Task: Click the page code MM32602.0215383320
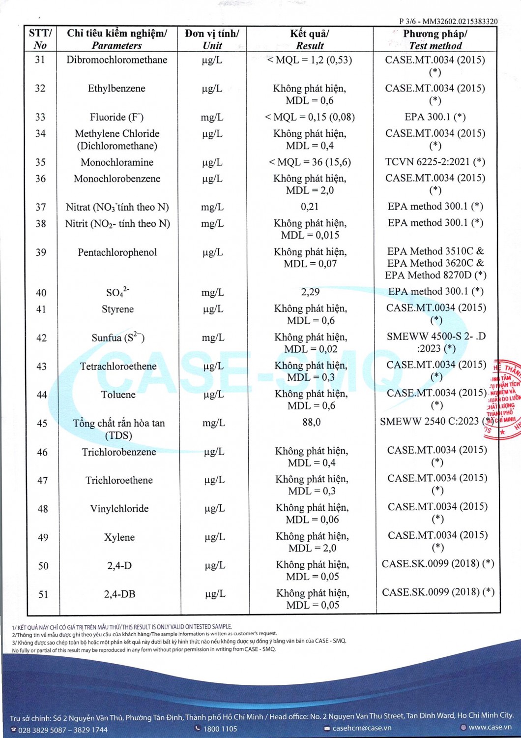coord(460,21)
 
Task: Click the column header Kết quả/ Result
coord(310,39)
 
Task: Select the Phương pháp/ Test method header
coord(435,39)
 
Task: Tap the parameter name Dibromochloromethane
coord(117,60)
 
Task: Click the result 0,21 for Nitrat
coord(310,207)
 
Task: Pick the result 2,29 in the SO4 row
coord(311,292)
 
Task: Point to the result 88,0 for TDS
coord(312,422)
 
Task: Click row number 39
coord(41,252)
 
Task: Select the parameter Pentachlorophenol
coord(117,252)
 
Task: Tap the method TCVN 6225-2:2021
coord(435,162)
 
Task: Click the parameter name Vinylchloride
coord(119,509)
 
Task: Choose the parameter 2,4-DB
coord(119,594)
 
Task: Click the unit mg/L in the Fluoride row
coord(212,117)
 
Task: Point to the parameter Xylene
coord(119,537)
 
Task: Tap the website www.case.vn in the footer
coord(490,727)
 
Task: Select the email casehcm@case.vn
coord(362,728)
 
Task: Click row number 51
coord(43,594)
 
